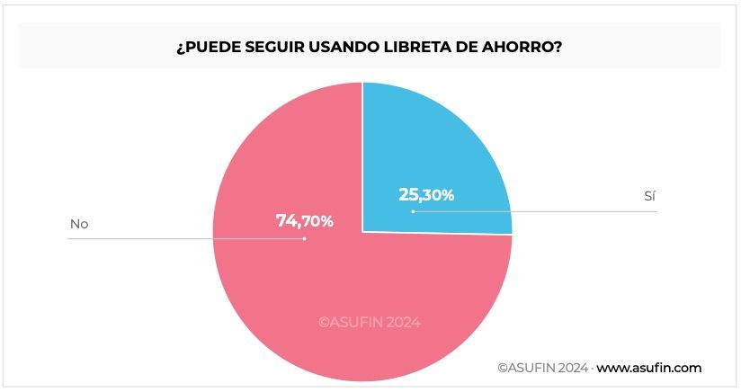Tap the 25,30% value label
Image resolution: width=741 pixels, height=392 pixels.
click(x=426, y=194)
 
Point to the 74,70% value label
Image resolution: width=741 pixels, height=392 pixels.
click(x=305, y=220)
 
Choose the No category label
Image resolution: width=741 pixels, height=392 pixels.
click(x=79, y=223)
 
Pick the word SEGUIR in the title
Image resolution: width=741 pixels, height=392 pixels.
click(x=269, y=47)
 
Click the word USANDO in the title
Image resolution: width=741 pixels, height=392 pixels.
click(x=330, y=47)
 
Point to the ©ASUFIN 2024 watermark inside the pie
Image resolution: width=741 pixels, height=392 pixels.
click(x=370, y=321)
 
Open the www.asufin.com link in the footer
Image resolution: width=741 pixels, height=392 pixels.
click(x=649, y=368)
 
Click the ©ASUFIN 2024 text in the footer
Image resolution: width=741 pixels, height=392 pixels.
click(x=543, y=368)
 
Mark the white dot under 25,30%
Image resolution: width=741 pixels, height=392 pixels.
click(x=413, y=212)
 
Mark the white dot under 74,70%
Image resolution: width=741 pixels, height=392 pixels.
click(x=305, y=238)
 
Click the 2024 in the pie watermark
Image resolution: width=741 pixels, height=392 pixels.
click(x=403, y=321)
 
